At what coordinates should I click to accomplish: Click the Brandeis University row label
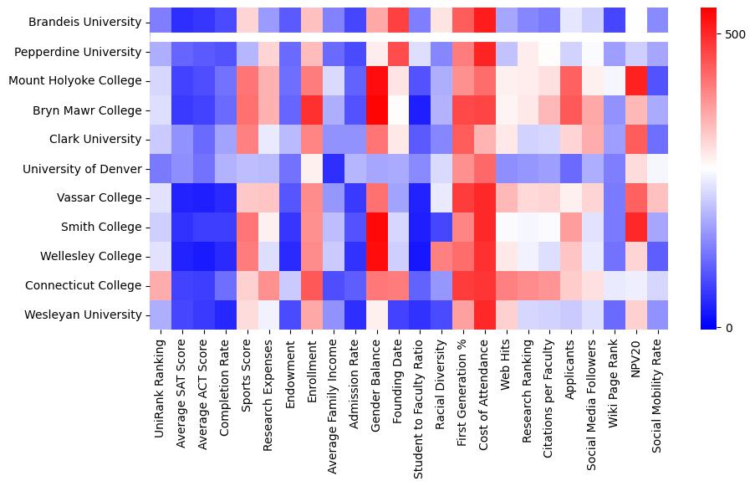point(84,23)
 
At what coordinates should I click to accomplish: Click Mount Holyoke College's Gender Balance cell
point(377,81)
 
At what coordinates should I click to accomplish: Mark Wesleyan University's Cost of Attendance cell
point(485,315)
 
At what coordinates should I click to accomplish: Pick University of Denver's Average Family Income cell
point(334,169)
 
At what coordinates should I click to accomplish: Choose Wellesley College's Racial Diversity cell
point(442,256)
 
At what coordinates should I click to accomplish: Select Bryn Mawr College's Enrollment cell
point(312,110)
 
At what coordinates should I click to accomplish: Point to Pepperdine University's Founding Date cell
point(399,52)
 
